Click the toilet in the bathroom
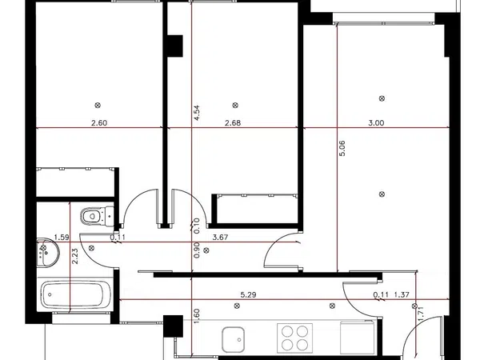click(98, 216)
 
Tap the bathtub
click(76, 294)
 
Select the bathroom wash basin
click(48, 253)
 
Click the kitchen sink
click(234, 339)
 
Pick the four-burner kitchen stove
click(294, 338)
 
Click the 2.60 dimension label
click(99, 123)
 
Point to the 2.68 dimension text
click(233, 123)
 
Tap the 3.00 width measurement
click(376, 123)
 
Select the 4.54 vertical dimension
click(197, 113)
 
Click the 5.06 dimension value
click(342, 148)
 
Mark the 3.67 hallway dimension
click(221, 238)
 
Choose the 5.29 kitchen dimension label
click(248, 294)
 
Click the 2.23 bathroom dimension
click(74, 256)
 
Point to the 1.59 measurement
click(62, 238)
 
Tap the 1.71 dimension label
click(421, 314)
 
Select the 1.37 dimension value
click(402, 294)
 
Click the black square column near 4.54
click(175, 46)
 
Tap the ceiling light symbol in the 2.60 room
click(98, 106)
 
